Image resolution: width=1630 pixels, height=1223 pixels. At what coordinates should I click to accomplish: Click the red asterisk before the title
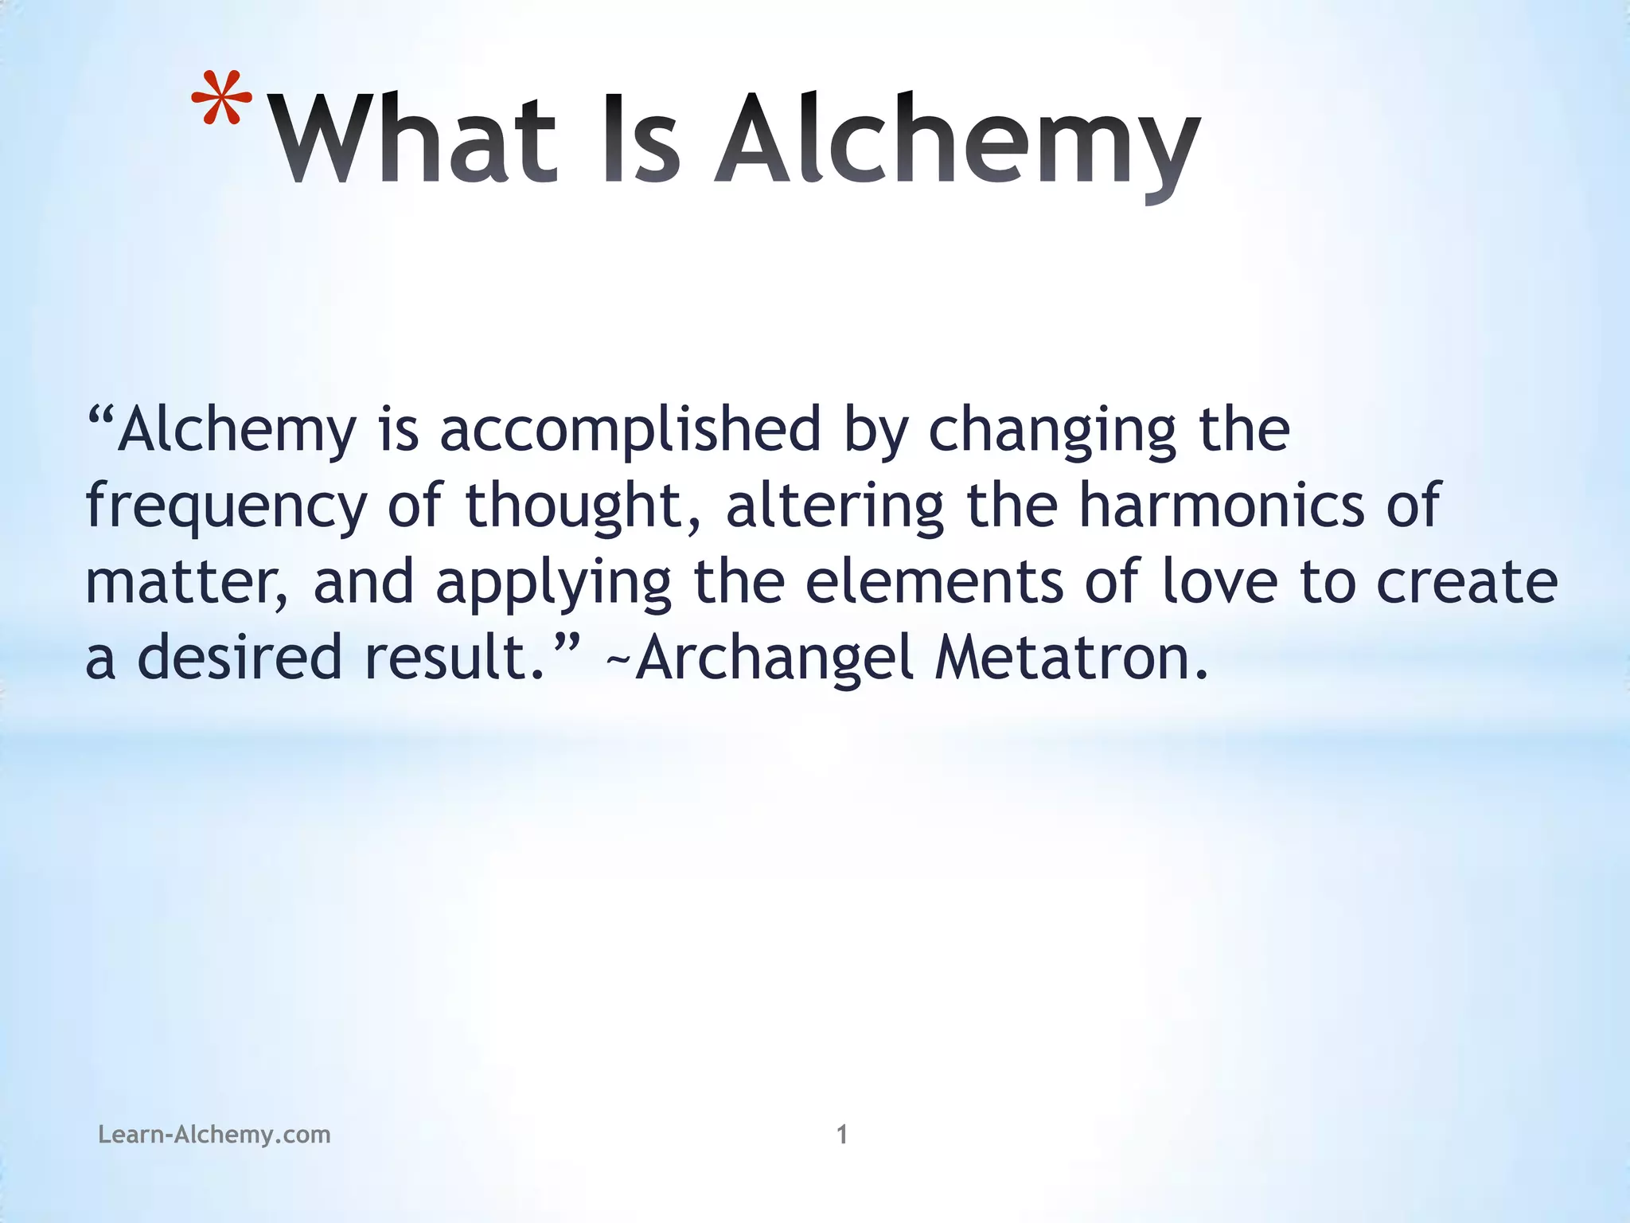coord(221,100)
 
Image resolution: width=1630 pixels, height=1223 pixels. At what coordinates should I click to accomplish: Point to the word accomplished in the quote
coord(630,430)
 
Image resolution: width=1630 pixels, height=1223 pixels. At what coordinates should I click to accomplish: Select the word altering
coord(834,506)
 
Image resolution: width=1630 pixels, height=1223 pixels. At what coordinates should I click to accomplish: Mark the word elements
coord(934,581)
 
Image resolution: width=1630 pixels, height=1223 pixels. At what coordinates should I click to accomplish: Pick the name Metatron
coord(1070,658)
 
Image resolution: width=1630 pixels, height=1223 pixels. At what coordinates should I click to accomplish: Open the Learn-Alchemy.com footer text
coord(214,1134)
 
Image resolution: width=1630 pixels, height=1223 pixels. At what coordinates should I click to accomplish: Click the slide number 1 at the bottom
coord(842,1134)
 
